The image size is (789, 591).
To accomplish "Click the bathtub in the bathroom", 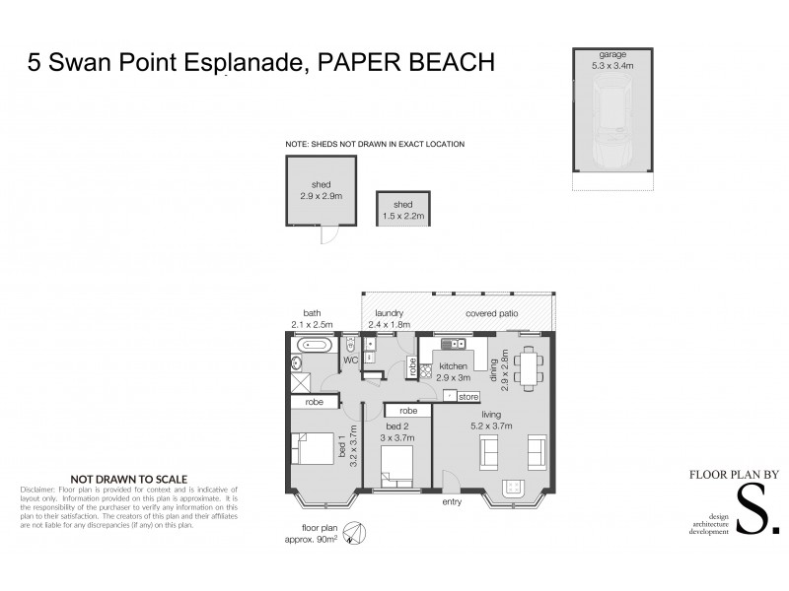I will coord(315,346).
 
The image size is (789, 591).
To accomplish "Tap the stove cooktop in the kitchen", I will coord(427,371).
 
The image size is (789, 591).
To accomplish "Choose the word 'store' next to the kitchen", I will coord(468,396).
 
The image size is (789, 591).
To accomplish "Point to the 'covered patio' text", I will coord(494,315).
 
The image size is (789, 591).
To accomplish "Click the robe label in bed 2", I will coord(407,411).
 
